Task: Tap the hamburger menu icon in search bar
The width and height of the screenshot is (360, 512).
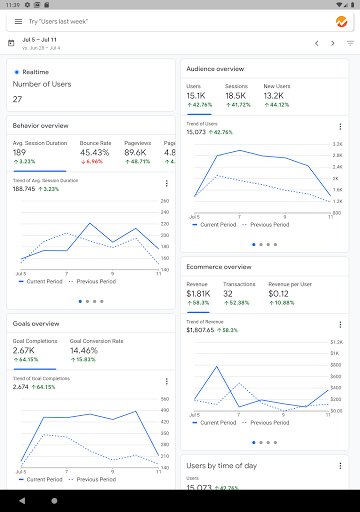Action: pyautogui.click(x=14, y=21)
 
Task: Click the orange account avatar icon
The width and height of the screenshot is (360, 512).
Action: pyautogui.click(x=341, y=21)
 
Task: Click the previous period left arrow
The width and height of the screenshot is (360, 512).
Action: pyautogui.click(x=317, y=44)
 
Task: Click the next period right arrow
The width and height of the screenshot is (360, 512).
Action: pyautogui.click(x=333, y=44)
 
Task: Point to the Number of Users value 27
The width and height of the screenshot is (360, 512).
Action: pyautogui.click(x=18, y=99)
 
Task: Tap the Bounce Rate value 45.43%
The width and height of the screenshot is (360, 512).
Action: pyautogui.click(x=95, y=152)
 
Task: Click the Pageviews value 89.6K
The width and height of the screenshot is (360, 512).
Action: pyautogui.click(x=138, y=152)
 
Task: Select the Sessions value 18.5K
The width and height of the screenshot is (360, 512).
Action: pyautogui.click(x=236, y=96)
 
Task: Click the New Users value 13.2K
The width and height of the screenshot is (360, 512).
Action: pyautogui.click(x=276, y=96)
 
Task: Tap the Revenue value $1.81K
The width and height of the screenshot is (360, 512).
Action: pyautogui.click(x=198, y=294)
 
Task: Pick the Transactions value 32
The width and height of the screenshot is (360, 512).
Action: pyautogui.click(x=229, y=294)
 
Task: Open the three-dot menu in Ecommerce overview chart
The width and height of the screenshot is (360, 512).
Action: pyautogui.click(x=339, y=324)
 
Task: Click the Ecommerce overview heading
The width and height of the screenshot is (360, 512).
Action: pyautogui.click(x=218, y=267)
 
